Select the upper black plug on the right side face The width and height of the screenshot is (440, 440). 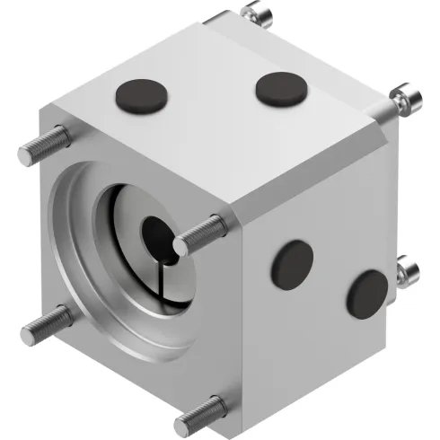[293, 264]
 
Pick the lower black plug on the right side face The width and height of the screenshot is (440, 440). [367, 293]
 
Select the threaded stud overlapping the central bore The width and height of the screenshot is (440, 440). [200, 234]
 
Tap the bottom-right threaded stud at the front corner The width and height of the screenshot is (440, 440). [201, 413]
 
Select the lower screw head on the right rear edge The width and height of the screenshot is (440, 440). [408, 270]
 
